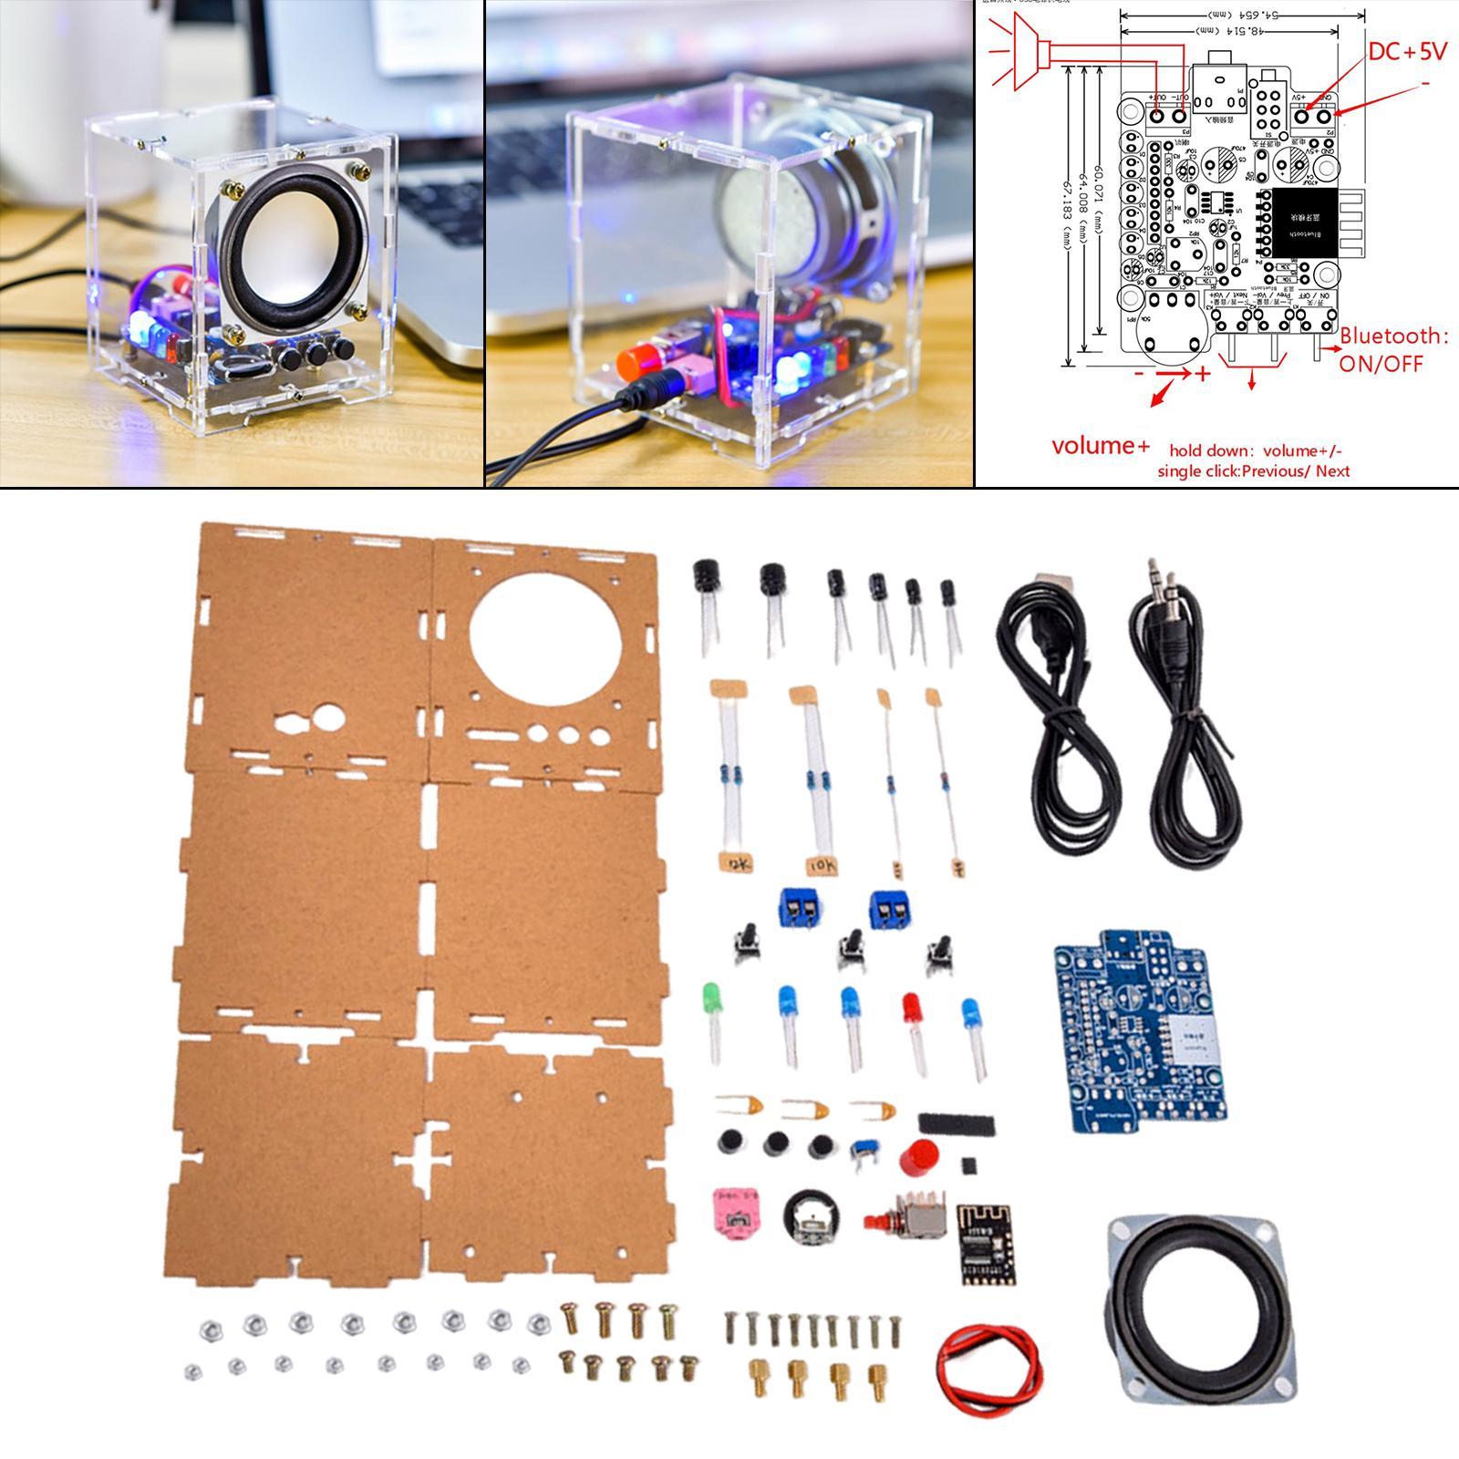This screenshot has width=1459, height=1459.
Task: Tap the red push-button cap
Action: pos(915,1159)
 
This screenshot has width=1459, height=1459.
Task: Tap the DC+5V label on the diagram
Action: pos(1406,52)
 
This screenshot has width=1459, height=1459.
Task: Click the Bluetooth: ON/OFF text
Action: pos(1392,349)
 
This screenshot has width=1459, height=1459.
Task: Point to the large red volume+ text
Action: pos(1101,446)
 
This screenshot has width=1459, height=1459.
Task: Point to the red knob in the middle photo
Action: pos(636,361)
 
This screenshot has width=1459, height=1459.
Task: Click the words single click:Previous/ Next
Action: pos(1254,471)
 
